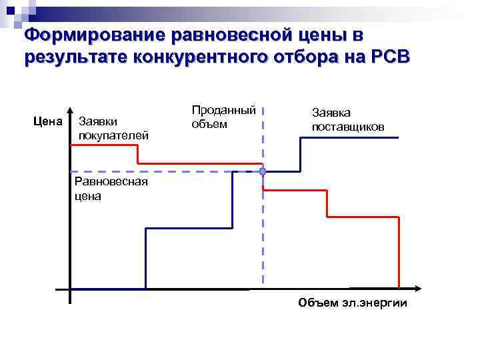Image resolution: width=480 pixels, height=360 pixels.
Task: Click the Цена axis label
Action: click(x=47, y=121)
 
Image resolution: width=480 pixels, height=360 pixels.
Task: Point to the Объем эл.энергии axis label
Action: click(x=353, y=303)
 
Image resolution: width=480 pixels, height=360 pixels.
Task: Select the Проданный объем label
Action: click(x=214, y=117)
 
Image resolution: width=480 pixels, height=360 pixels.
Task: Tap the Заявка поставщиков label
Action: click(x=347, y=120)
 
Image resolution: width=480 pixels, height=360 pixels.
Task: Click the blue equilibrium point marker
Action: click(x=263, y=172)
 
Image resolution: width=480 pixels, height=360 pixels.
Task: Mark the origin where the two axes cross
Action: click(x=69, y=289)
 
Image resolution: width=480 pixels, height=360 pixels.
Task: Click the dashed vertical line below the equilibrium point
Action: click(x=263, y=233)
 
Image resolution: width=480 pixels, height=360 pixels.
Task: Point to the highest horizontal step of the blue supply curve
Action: click(x=350, y=137)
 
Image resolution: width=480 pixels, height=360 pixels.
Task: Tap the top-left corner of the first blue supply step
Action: click(x=145, y=228)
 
